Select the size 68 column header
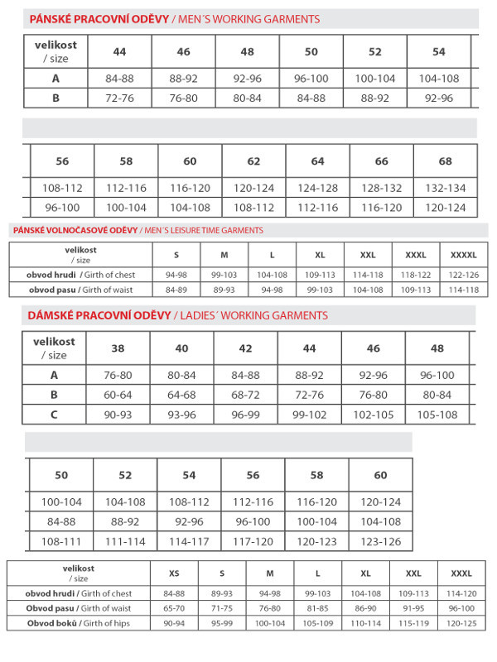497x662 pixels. pos(446,161)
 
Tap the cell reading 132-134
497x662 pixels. pos(446,188)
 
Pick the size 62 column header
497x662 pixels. pos(253,161)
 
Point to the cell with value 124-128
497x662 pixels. pos(317,188)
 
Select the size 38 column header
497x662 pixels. pos(118,348)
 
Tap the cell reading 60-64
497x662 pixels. pos(118,395)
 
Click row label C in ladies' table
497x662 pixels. pos(55,415)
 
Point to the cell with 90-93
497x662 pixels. pos(118,415)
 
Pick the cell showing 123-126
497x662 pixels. pos(380,542)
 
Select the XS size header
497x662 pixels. pos(174,573)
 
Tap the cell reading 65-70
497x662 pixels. pos(174,608)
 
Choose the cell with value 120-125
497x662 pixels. pos(461,623)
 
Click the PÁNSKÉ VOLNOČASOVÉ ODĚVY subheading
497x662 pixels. pos(74,230)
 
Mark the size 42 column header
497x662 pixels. pos(246,348)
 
